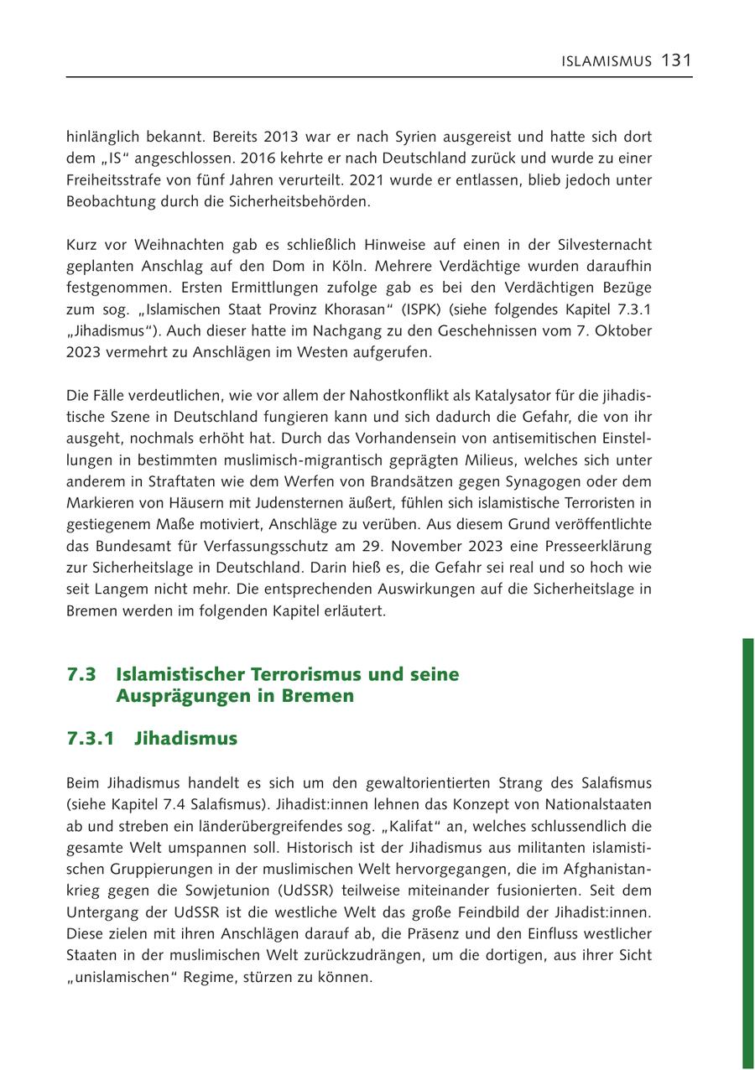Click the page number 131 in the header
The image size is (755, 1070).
pyautogui.click(x=676, y=60)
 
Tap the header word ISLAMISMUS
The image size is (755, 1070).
pyautogui.click(x=607, y=61)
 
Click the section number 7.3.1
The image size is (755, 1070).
pyautogui.click(x=91, y=739)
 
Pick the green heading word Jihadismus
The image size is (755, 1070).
pyautogui.click(x=185, y=739)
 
